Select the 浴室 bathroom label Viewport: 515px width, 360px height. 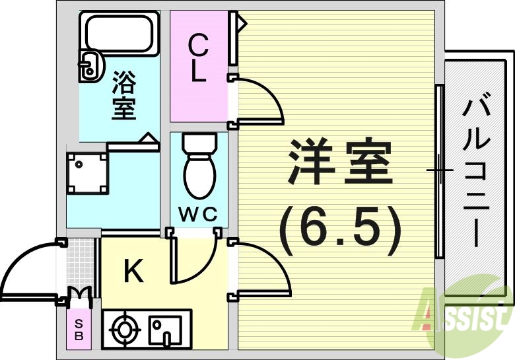tap(123, 96)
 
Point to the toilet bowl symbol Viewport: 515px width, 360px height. tap(199, 168)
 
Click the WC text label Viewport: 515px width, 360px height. tap(198, 215)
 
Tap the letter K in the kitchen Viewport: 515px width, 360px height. tap(134, 271)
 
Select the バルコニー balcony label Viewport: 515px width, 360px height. tap(477, 172)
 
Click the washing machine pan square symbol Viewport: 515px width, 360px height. tap(87, 173)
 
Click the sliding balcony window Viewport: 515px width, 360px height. tap(438, 171)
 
